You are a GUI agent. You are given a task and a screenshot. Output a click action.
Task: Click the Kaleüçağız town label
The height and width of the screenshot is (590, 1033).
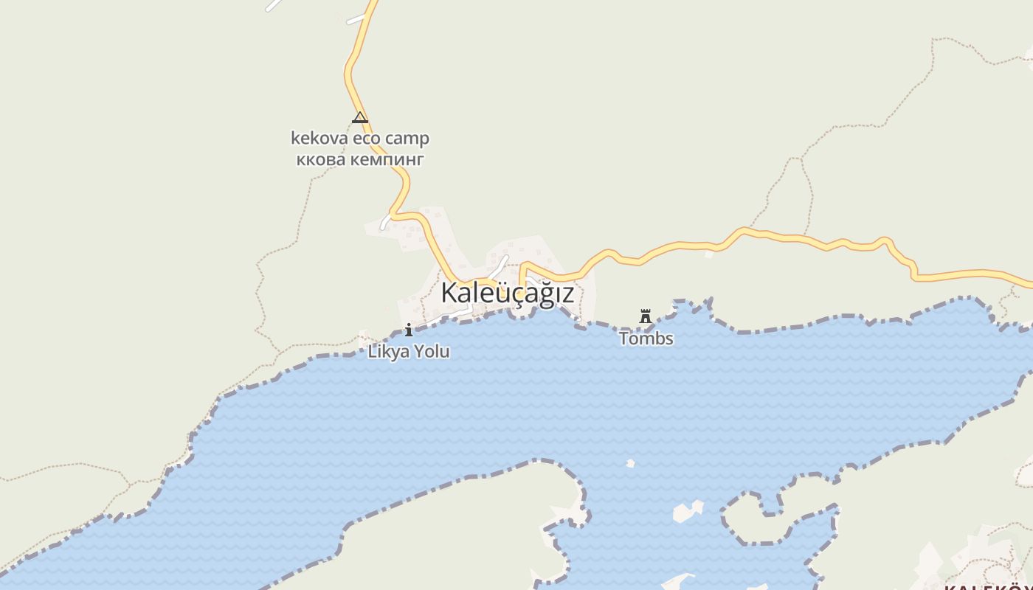click(507, 294)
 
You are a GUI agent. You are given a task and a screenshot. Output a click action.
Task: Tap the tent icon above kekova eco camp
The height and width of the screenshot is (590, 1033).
click(360, 117)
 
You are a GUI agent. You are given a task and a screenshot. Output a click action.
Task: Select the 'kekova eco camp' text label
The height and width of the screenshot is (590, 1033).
click(360, 139)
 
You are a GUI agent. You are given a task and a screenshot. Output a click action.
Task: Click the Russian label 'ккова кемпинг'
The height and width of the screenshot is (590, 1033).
click(360, 159)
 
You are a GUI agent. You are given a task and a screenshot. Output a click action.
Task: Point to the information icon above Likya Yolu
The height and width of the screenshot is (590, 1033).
click(409, 330)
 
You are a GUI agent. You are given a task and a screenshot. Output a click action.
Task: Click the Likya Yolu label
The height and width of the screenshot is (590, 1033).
click(409, 352)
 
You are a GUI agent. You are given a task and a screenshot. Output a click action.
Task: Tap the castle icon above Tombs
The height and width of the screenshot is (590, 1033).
click(646, 316)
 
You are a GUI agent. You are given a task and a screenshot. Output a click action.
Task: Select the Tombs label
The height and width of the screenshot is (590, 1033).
click(646, 339)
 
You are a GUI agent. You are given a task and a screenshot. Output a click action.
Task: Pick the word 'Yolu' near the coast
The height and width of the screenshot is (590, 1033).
click(432, 352)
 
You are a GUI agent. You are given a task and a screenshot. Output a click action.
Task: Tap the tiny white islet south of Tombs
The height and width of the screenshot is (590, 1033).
click(630, 463)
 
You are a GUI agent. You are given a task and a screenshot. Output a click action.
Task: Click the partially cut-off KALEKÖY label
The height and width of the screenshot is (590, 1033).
click(989, 586)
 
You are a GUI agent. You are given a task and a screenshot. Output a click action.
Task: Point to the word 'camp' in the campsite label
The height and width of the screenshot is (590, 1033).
click(407, 139)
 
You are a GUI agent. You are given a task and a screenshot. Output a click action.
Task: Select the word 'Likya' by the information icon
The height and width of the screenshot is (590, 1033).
click(388, 352)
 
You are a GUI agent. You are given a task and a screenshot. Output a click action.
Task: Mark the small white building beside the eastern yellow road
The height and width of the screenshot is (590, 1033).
click(708, 254)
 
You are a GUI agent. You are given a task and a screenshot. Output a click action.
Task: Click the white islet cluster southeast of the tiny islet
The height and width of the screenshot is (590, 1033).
click(688, 511)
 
